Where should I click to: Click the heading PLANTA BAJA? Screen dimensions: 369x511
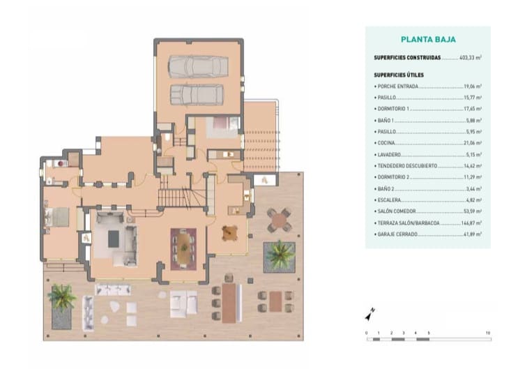428,40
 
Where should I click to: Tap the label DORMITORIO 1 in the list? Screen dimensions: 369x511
394,109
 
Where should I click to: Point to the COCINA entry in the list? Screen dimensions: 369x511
387,142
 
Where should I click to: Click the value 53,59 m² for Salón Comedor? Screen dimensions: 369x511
472,211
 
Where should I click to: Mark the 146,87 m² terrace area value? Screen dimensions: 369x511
471,223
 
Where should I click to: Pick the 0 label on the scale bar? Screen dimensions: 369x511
366,333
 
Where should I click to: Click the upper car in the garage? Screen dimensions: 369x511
198,66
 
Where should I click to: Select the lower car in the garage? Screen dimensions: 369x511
197,93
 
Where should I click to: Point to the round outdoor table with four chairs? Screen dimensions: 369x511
279,220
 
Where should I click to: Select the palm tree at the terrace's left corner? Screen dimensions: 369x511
62,296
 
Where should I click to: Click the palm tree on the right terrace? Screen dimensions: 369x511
280,254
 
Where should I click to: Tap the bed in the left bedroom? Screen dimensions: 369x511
58,218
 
